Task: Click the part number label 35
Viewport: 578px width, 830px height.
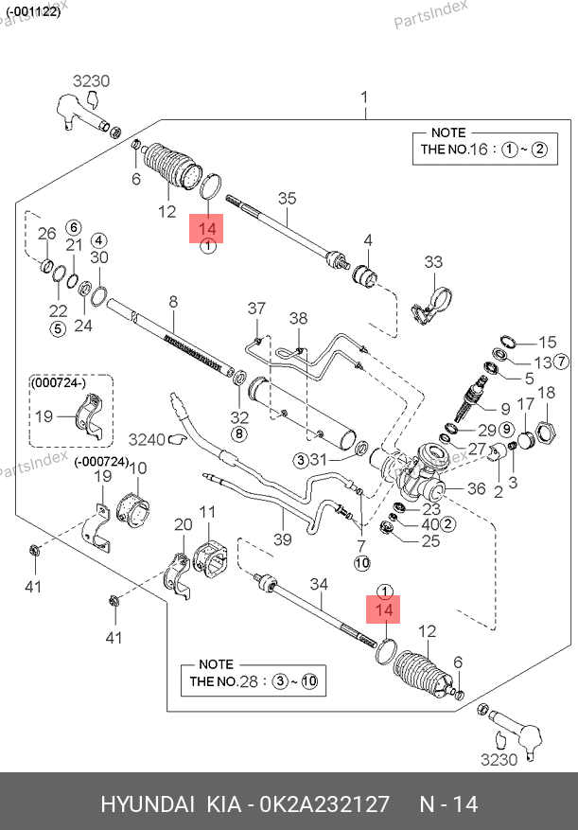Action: click(x=287, y=198)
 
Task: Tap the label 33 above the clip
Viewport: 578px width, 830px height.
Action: click(x=433, y=262)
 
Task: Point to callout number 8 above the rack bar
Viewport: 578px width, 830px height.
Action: click(x=173, y=303)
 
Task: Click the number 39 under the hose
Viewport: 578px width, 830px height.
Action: click(x=283, y=539)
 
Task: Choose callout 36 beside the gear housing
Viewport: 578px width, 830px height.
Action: click(x=476, y=489)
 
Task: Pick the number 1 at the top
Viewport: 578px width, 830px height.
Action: click(x=365, y=97)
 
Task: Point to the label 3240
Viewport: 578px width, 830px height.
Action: click(x=147, y=439)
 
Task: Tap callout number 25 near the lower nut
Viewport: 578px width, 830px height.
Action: click(x=430, y=541)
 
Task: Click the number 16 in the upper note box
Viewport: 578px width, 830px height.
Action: click(x=479, y=149)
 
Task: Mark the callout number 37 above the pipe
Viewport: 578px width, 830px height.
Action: click(x=257, y=309)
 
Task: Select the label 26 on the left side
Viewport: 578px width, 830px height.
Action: click(x=46, y=234)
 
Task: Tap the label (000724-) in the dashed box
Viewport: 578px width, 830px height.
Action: click(x=59, y=382)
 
